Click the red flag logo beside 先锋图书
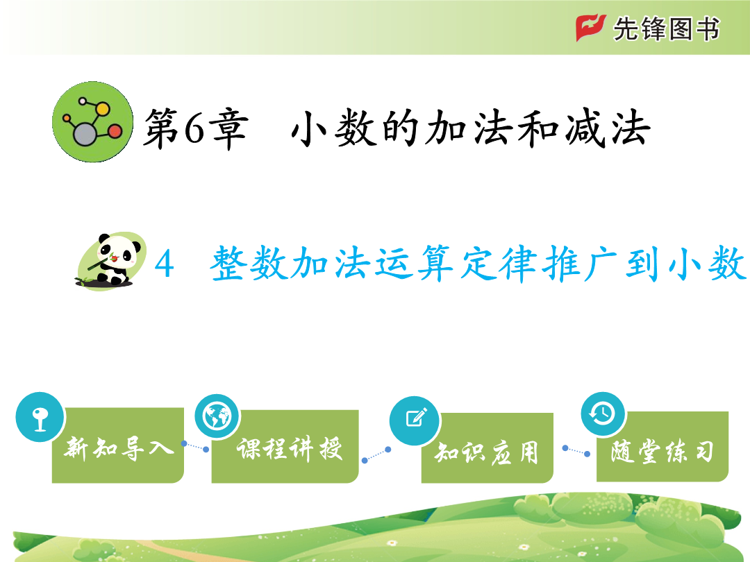click(x=591, y=28)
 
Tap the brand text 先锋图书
click(x=666, y=28)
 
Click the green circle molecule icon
click(x=93, y=122)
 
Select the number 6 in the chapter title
click(x=194, y=128)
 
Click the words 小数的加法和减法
click(x=471, y=128)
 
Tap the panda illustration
click(x=111, y=260)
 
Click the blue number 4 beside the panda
click(x=164, y=264)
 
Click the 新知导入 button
click(x=117, y=445)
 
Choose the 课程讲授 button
click(x=285, y=446)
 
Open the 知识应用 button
click(x=487, y=448)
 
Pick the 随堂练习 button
click(x=662, y=446)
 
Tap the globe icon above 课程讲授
click(x=217, y=417)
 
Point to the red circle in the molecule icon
click(x=115, y=131)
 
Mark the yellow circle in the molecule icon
click(x=102, y=109)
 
